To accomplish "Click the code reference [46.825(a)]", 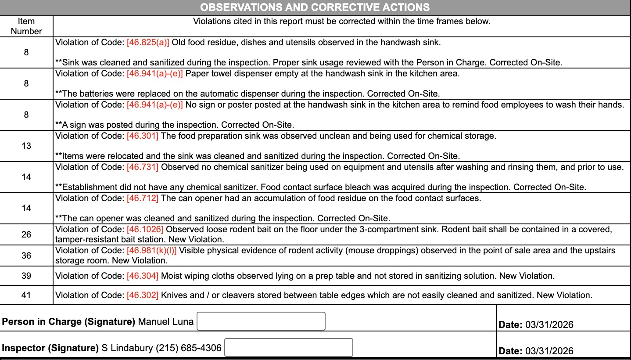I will [x=148, y=43].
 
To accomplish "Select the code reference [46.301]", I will [x=143, y=136].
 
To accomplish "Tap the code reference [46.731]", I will [x=143, y=167].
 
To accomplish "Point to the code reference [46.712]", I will [x=143, y=198].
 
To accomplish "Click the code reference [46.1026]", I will [x=145, y=229].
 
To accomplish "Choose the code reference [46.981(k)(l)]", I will [x=152, y=250].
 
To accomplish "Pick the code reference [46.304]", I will [x=143, y=276].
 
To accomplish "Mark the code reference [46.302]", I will [x=143, y=295].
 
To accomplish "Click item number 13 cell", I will [x=26, y=146].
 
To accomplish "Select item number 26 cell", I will [x=26, y=234].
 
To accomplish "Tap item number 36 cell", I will [x=26, y=255].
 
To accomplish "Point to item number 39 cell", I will [x=26, y=276].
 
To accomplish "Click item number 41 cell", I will [x=26, y=295].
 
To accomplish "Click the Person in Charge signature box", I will [x=261, y=321].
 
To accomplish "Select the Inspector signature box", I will [x=288, y=347].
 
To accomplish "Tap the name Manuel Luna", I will [x=165, y=322].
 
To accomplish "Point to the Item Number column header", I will [x=26, y=26].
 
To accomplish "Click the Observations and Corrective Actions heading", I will [x=315, y=7].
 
